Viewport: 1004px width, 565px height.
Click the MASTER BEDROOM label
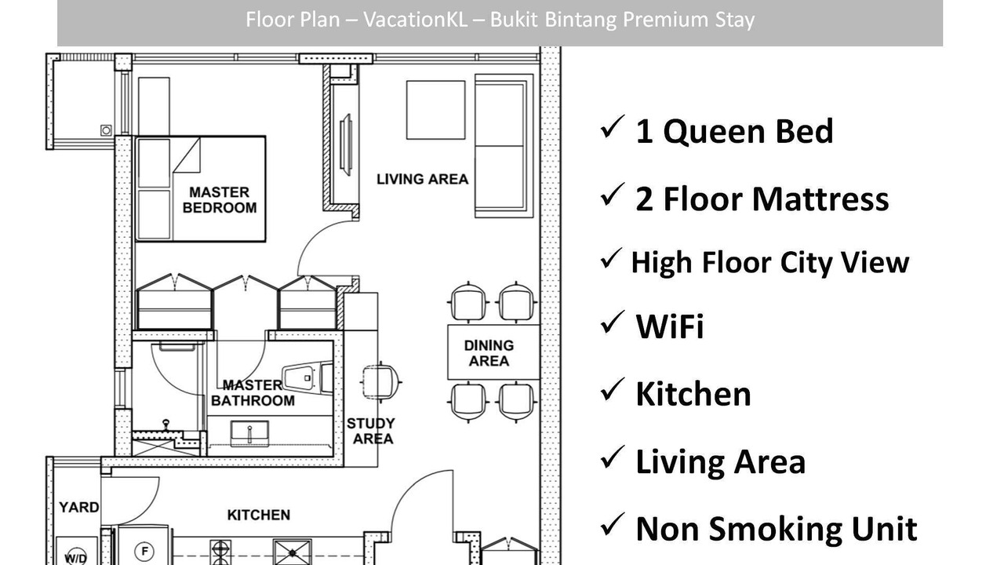(220, 200)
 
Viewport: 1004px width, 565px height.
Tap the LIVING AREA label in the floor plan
(422, 180)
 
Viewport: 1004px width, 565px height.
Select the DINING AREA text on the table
(489, 353)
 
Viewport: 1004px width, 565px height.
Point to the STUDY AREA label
(371, 431)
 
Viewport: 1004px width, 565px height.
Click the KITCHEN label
(259, 515)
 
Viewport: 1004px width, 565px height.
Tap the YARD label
(79, 507)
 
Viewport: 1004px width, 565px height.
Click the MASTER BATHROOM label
(253, 393)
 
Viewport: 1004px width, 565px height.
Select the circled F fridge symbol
(145, 551)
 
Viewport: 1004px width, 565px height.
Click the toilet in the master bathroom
(307, 377)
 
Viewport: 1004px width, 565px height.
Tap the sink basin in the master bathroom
(249, 433)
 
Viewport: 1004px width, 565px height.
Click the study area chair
(380, 382)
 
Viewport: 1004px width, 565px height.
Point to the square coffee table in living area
(435, 110)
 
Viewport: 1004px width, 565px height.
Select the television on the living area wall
(346, 145)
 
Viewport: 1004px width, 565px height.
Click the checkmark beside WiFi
(612, 323)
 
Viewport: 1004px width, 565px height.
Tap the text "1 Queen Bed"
(734, 131)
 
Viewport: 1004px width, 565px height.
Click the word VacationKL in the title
(415, 20)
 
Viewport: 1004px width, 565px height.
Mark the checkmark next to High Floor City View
(611, 259)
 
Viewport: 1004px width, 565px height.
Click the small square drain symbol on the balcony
(106, 130)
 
